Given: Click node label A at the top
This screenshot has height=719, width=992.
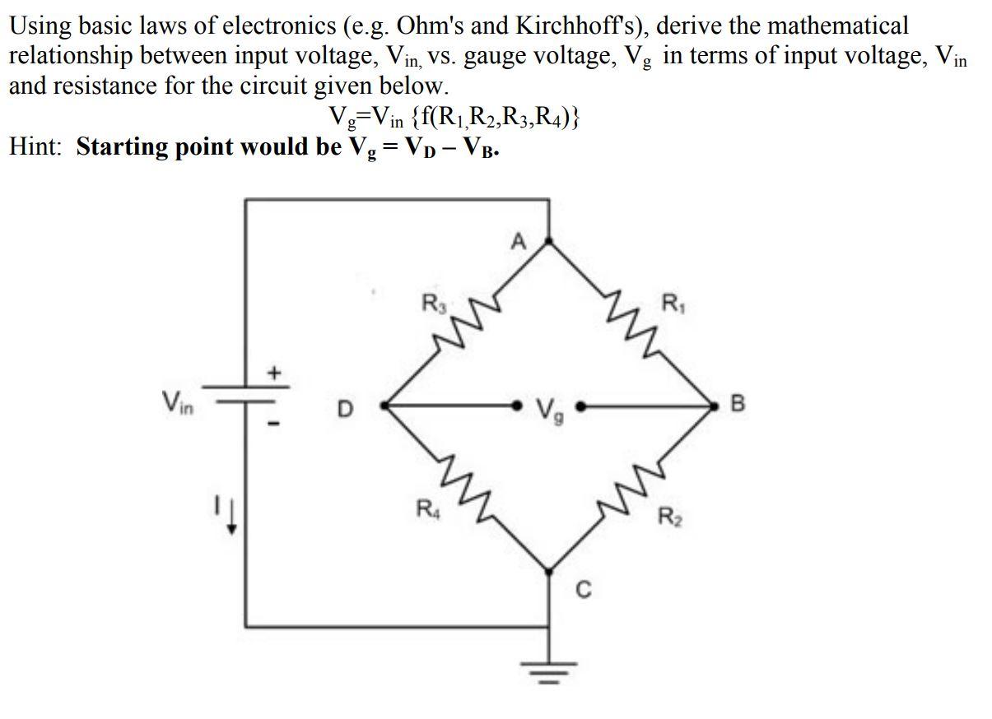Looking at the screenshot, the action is click(x=517, y=241).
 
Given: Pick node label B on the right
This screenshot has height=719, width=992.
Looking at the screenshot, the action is click(x=737, y=405).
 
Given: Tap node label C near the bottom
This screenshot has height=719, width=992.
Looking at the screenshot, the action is click(x=582, y=589).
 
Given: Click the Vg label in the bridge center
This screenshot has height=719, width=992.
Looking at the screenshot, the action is click(x=548, y=407).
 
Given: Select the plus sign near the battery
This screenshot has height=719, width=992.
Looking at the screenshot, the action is click(x=275, y=374).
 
